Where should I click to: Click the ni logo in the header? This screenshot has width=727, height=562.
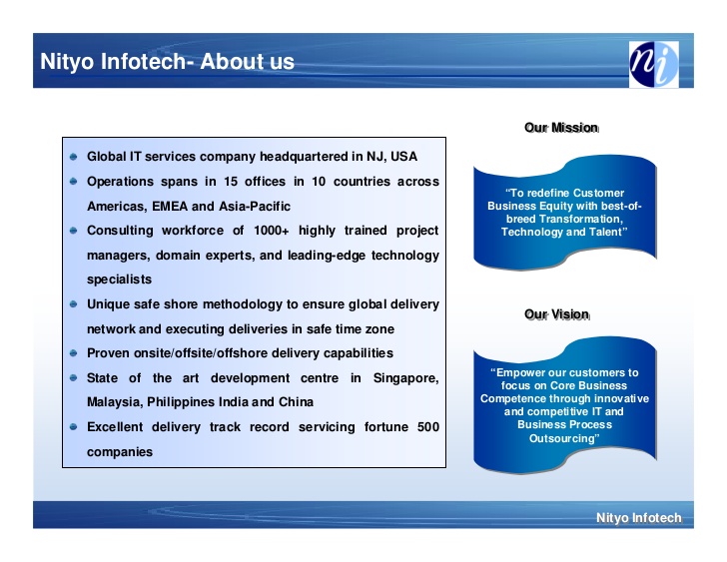click(x=654, y=64)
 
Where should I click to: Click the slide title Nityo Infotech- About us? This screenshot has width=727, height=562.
click(x=167, y=62)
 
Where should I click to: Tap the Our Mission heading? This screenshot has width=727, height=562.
click(x=561, y=128)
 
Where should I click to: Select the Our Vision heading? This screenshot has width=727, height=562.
click(x=557, y=314)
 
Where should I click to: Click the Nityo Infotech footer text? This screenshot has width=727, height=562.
click(x=639, y=517)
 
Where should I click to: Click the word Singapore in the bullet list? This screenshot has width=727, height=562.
click(x=405, y=378)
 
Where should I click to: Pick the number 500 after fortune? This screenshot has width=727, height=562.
click(x=428, y=426)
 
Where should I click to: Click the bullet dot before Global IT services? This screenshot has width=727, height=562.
click(x=73, y=157)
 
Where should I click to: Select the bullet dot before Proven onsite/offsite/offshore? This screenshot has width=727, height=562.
click(x=73, y=353)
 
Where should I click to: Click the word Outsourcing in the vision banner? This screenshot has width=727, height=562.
click(x=564, y=438)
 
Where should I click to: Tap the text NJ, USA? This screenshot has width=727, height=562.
click(x=391, y=157)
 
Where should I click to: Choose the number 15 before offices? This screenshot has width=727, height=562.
click(x=231, y=181)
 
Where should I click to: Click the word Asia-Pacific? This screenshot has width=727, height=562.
click(x=255, y=207)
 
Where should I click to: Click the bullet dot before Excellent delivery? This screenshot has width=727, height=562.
click(x=73, y=426)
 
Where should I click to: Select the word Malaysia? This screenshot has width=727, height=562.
click(x=115, y=402)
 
